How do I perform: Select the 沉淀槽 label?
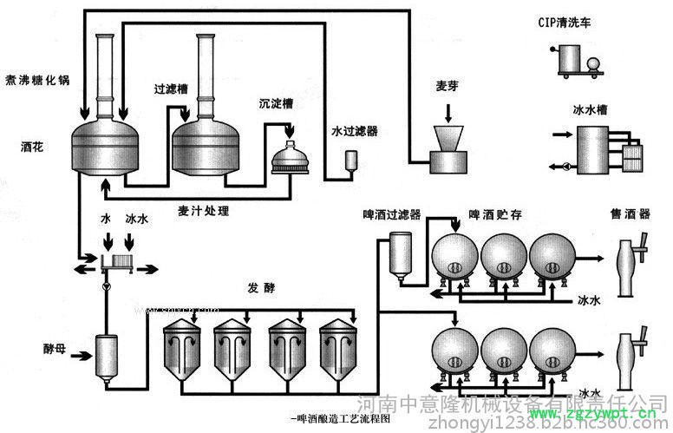click(276, 103)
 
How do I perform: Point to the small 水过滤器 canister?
click(350, 161)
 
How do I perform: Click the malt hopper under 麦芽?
click(448, 148)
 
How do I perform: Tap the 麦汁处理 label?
click(204, 210)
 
